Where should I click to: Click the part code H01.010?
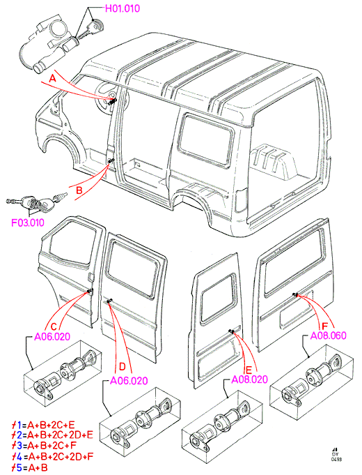coord(123,8)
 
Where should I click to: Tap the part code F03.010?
coord(28,223)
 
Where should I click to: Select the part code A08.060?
coord(329,335)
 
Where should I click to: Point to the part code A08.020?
coord(249,379)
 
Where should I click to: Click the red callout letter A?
coord(53,79)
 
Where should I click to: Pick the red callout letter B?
coord(79,190)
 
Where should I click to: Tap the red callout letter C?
coord(54,327)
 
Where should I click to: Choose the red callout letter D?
coord(123,367)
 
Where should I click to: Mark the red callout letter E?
coord(249,370)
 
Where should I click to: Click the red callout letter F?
coord(325,326)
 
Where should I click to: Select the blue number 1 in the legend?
coord(19,425)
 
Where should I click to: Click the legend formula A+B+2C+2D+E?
coord(60,435)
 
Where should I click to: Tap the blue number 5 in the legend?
coord(19,467)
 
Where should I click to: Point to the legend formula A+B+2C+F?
coord(52,446)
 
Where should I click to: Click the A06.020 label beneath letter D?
coord(129,381)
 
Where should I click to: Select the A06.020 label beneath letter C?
coord(52,337)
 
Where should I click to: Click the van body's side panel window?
coord(206,140)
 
